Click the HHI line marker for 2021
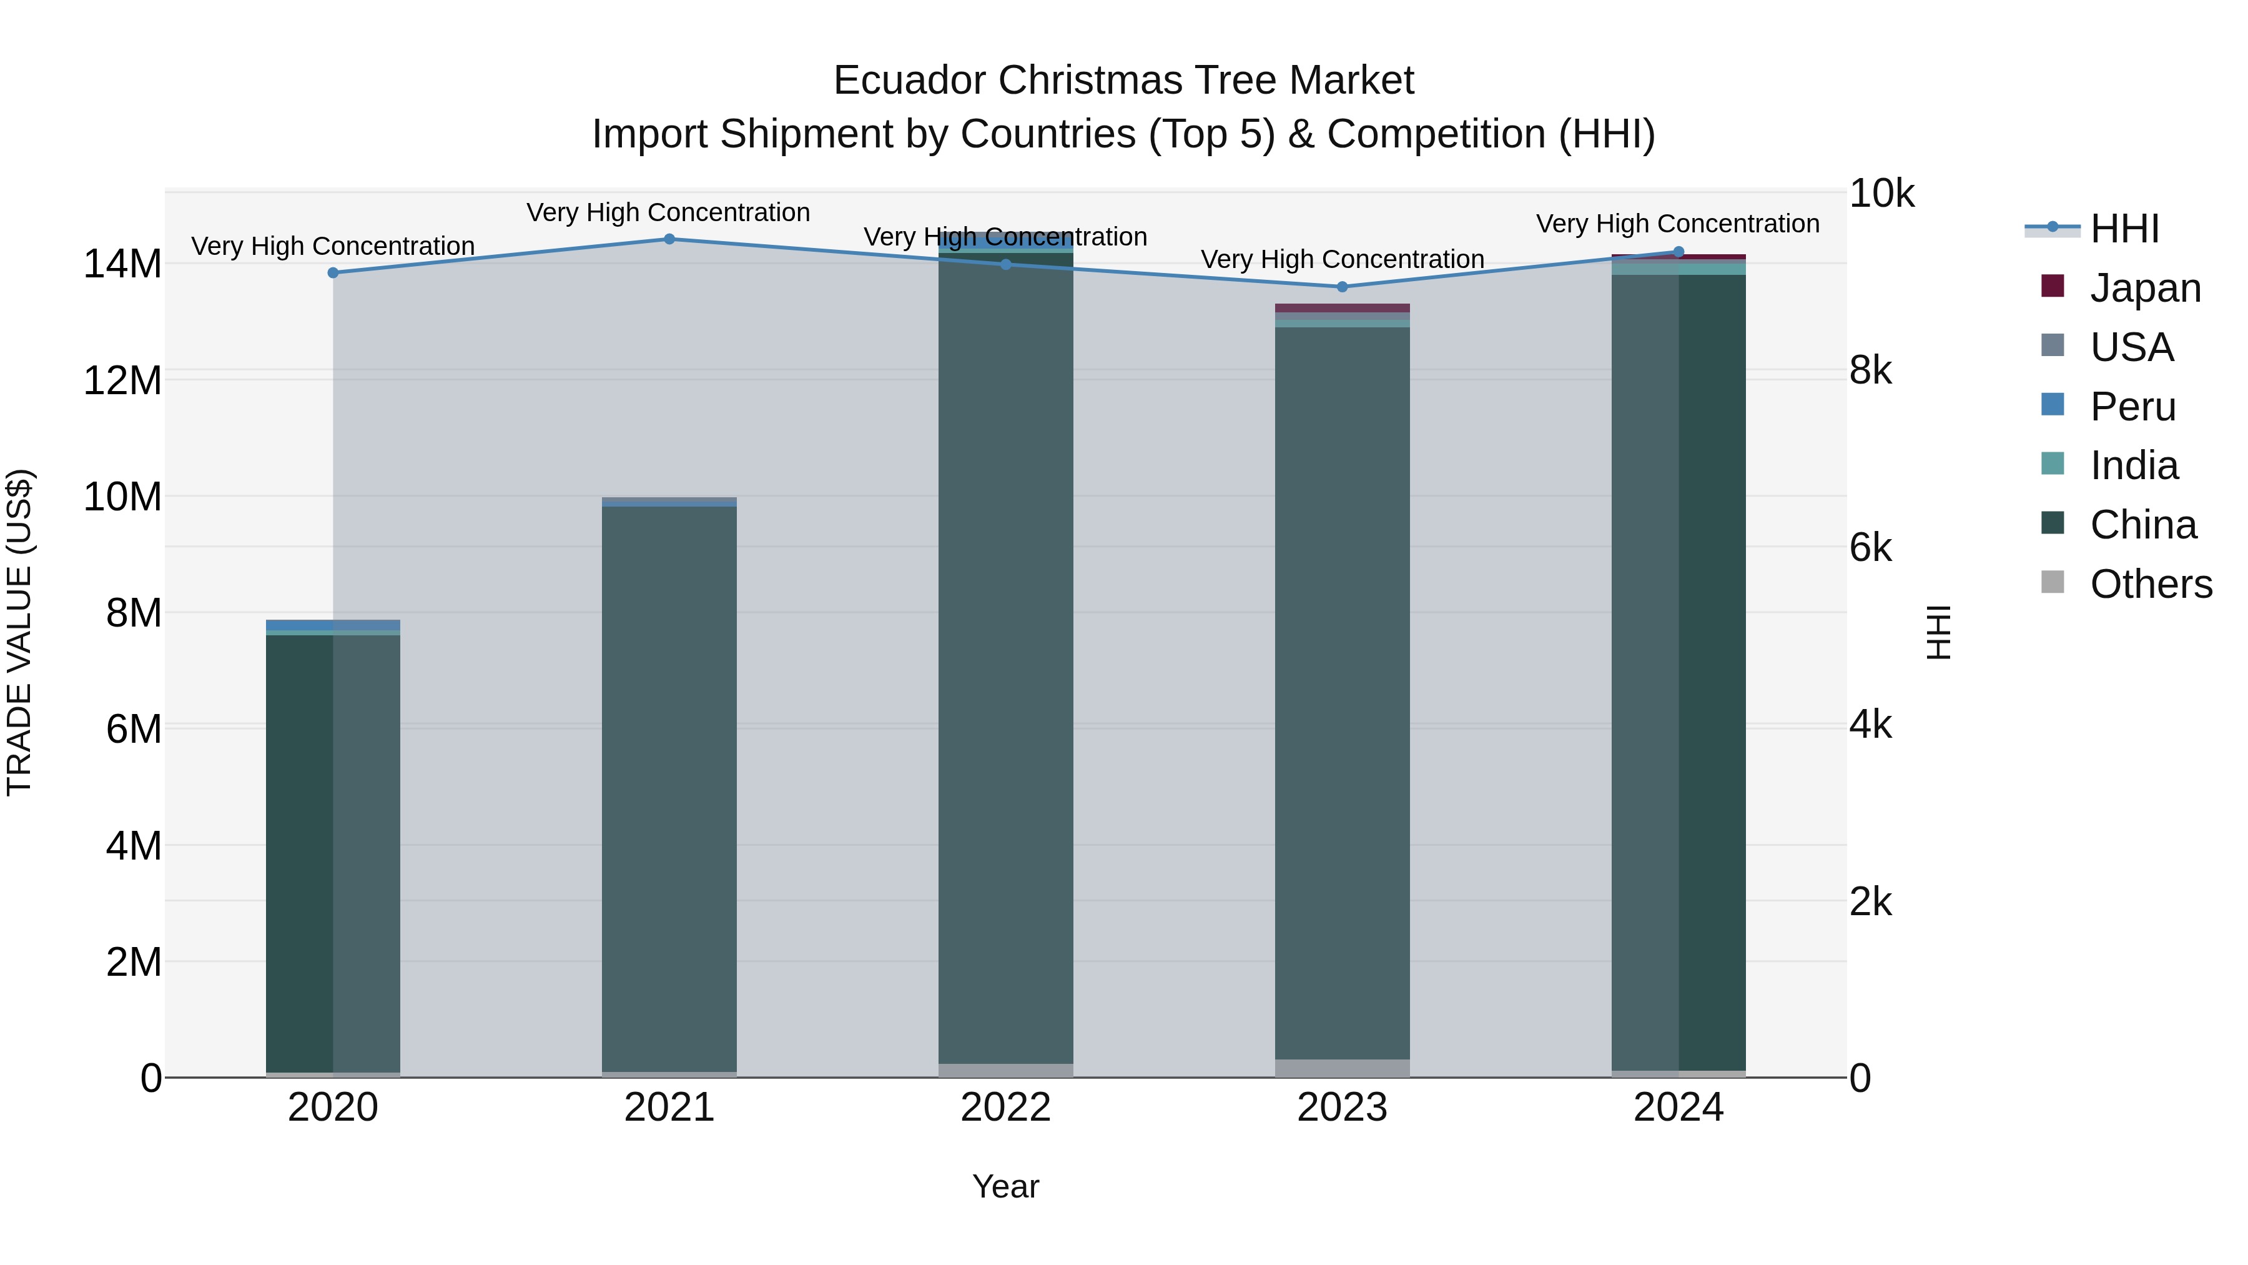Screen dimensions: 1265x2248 point(669,239)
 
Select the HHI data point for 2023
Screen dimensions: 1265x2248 point(1342,287)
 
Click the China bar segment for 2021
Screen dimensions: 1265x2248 point(669,786)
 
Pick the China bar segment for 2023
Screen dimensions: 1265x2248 point(1342,698)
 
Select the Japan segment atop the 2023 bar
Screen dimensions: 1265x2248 point(1342,308)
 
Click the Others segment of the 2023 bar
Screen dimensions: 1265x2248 point(1342,1068)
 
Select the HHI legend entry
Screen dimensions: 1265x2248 point(2124,229)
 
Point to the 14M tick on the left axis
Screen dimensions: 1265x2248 point(122,264)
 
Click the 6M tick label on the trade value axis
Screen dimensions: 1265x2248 point(134,729)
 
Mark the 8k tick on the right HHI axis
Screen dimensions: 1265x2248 point(1870,371)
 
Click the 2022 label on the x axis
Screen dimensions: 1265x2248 point(1005,1108)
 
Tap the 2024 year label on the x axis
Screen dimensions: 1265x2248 point(1678,1108)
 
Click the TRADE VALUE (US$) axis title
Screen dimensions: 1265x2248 point(19,632)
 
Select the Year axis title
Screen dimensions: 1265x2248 point(1005,1186)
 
